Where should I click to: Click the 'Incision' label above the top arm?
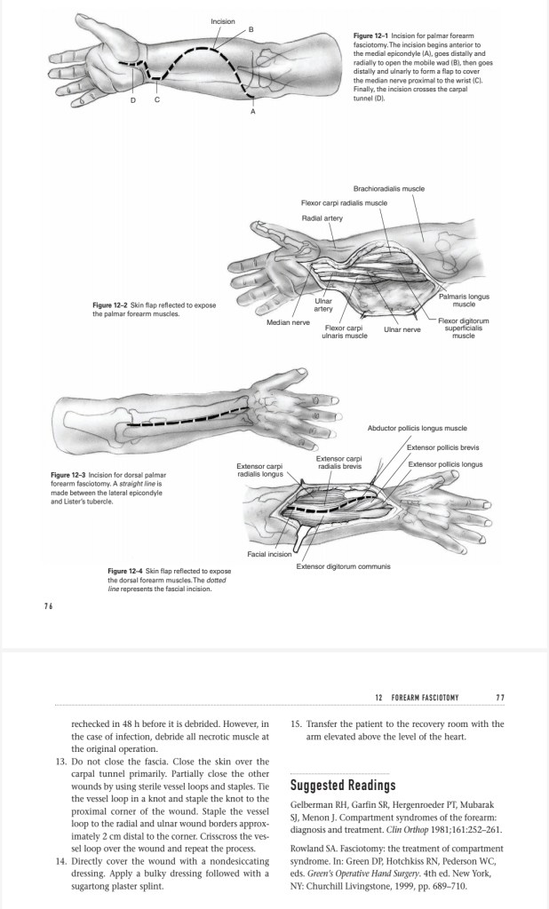(223, 20)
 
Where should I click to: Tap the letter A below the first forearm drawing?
(252, 113)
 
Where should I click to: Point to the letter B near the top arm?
(250, 31)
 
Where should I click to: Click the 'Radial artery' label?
(325, 217)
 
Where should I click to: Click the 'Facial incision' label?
(270, 553)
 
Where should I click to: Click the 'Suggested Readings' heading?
(343, 786)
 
